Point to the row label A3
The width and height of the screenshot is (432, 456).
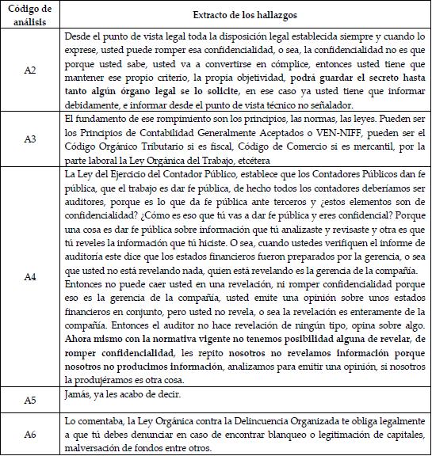[x=30, y=139]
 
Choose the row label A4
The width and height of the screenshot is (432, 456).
[x=30, y=276]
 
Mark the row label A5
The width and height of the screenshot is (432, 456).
[x=30, y=401]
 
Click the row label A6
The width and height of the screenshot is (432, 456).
[x=30, y=435]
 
